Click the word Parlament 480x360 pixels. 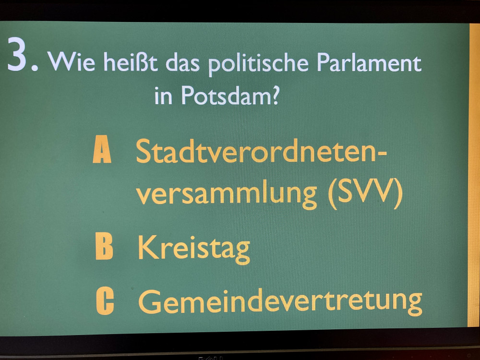369,62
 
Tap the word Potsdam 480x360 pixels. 224,95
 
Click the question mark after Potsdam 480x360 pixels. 274,95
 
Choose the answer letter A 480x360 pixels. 102,149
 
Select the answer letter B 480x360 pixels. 104,246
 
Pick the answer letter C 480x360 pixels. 105,301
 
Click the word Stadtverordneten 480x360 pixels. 256,151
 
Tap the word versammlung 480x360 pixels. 227,194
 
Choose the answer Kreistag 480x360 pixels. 194,249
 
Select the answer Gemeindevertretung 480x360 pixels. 280,302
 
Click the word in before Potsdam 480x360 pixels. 163,95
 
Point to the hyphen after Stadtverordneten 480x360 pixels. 382,154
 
